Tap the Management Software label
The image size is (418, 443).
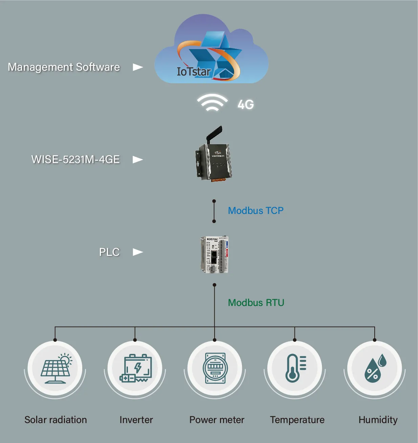pos(64,67)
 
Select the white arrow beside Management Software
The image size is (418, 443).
pos(137,67)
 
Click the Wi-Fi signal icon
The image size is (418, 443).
pos(212,103)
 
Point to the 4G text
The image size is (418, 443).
pos(246,104)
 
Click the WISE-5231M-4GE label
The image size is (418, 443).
pos(75,159)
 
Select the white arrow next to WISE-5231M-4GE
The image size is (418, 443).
pos(137,159)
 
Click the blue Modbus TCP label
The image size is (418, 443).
pos(256,211)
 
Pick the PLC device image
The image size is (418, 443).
pos(214,254)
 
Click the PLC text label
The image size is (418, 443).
pos(109,252)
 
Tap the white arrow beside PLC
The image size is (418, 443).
pos(137,252)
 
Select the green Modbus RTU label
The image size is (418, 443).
pos(256,303)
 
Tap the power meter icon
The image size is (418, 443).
pos(215,368)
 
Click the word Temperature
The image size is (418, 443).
pos(297,420)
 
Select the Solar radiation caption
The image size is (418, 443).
pos(56,420)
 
